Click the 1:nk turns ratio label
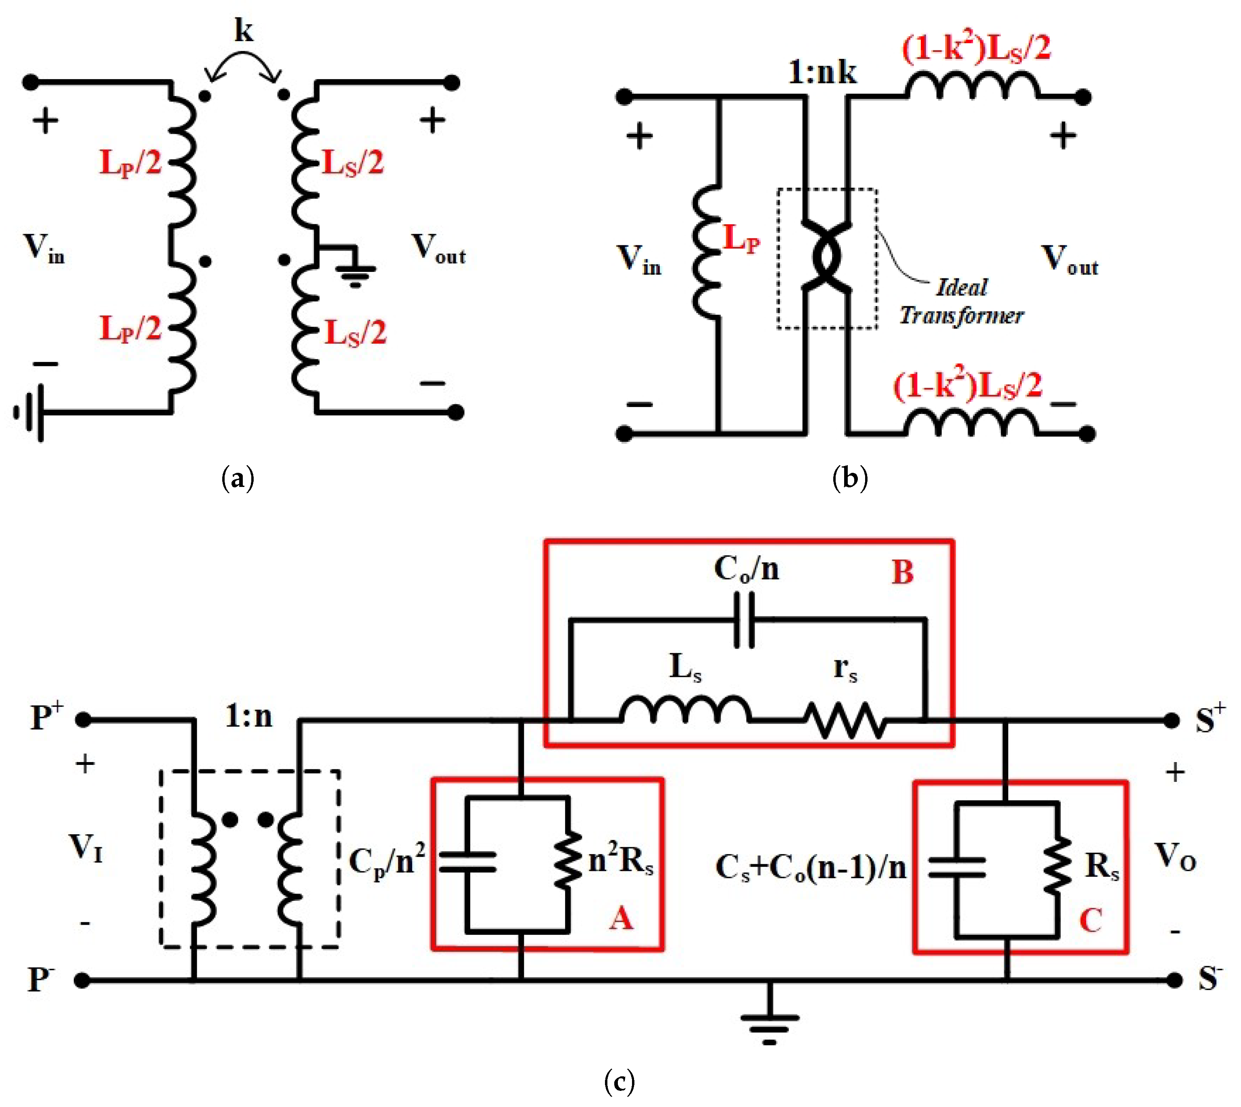pos(822,72)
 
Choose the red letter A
pos(621,917)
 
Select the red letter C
pos(1090,920)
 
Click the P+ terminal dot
pos(83,720)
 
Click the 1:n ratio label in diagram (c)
pos(249,716)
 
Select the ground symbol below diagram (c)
pos(769,1022)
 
